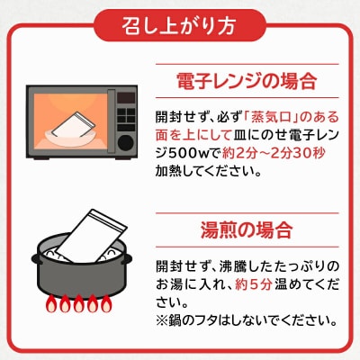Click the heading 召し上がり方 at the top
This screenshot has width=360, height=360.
tap(179, 22)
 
